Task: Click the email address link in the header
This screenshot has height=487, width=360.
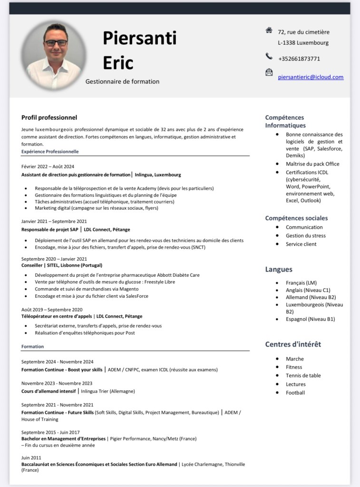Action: pyautogui.click(x=311, y=77)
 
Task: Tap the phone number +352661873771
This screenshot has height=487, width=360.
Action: pyautogui.click(x=299, y=59)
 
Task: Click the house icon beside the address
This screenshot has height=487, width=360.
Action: pyautogui.click(x=269, y=30)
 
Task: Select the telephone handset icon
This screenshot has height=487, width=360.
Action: pyautogui.click(x=269, y=57)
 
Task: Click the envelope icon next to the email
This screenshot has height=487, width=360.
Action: pyautogui.click(x=269, y=72)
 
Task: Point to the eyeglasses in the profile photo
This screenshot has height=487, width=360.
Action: pyautogui.click(x=56, y=43)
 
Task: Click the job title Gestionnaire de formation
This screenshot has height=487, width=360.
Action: pyautogui.click(x=122, y=81)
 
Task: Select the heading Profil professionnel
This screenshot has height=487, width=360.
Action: pyautogui.click(x=49, y=117)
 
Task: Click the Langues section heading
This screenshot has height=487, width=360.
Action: pyautogui.click(x=279, y=269)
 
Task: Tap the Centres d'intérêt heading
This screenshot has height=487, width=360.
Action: pyautogui.click(x=293, y=344)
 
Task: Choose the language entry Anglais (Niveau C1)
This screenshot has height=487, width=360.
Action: pyautogui.click(x=308, y=290)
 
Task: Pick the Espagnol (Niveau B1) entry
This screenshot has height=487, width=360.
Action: pyautogui.click(x=310, y=319)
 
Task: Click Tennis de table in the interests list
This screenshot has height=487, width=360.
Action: pyautogui.click(x=303, y=376)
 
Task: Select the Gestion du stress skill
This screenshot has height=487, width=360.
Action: pyautogui.click(x=305, y=235)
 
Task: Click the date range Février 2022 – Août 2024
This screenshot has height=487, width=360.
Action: pyautogui.click(x=48, y=166)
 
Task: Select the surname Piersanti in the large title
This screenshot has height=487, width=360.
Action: pyautogui.click(x=139, y=38)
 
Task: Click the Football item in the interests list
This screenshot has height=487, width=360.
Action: pyautogui.click(x=295, y=393)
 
